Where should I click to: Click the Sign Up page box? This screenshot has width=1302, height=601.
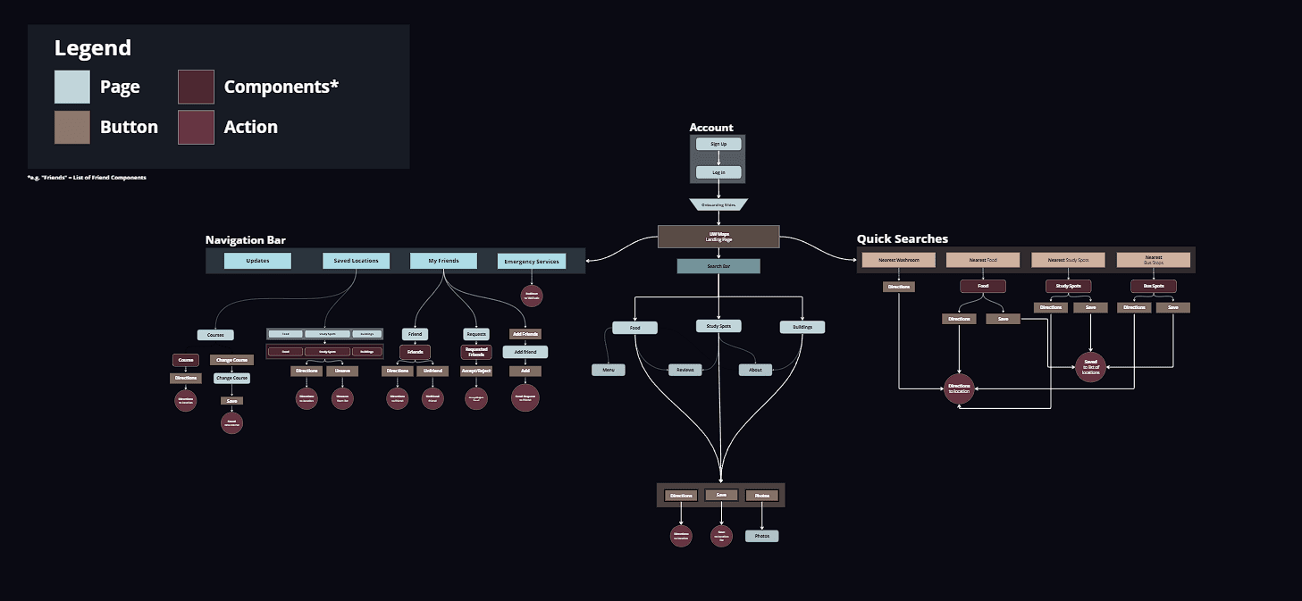coord(718,144)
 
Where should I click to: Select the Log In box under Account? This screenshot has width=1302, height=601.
coord(718,172)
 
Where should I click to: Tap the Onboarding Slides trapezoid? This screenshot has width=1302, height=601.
coord(718,205)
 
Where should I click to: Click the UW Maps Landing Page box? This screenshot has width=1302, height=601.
coord(718,237)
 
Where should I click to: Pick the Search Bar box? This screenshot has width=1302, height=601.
coord(718,266)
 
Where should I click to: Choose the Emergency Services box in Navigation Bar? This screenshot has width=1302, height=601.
coord(532,262)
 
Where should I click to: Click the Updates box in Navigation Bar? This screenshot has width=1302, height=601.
coord(257,261)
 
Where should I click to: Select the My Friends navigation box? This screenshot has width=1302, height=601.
coord(443,261)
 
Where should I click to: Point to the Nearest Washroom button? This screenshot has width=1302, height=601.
coord(899,260)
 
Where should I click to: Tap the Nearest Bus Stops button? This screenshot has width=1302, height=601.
coord(1154,260)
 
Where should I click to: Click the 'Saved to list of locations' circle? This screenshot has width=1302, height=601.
coord(1090,367)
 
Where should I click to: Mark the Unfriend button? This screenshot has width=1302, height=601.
coord(433,371)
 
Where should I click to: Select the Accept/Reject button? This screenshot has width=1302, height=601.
coord(476,371)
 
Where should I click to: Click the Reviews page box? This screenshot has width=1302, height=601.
coord(685,370)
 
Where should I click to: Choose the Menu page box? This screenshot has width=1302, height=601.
coord(608,370)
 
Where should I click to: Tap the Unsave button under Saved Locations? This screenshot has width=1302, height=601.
coord(342,371)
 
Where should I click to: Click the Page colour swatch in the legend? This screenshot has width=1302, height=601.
coord(71,87)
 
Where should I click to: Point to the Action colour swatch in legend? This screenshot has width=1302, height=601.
coord(196,127)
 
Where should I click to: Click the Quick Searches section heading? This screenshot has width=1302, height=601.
coord(902,238)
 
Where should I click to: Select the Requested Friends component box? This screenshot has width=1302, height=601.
coord(476,352)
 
